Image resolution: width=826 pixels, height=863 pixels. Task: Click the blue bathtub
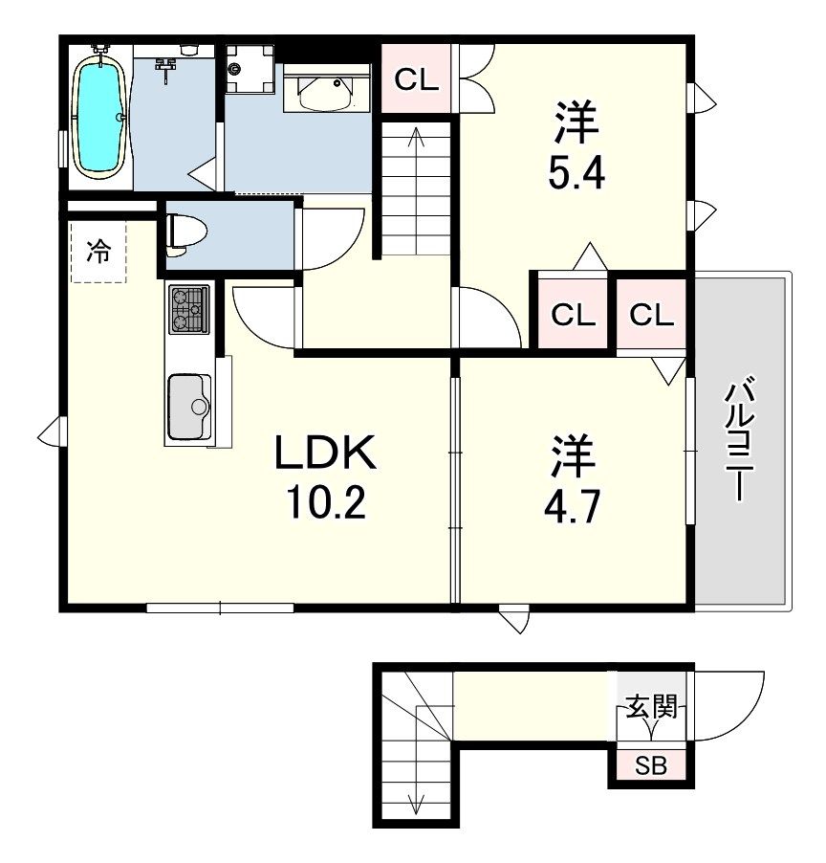[99, 118]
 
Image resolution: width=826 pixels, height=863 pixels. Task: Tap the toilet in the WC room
[185, 236]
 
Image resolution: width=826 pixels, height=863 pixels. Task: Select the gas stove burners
[189, 309]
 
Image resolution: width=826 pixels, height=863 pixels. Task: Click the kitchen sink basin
[189, 407]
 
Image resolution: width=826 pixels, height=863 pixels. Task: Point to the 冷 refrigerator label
[98, 252]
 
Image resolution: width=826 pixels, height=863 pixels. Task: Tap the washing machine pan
[250, 69]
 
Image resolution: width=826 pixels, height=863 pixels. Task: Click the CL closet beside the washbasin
[417, 79]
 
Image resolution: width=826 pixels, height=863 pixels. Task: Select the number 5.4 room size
[576, 173]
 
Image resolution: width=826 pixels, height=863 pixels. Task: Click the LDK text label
[326, 452]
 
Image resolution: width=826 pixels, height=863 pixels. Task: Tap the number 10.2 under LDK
[326, 502]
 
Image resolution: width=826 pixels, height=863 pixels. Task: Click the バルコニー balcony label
[740, 438]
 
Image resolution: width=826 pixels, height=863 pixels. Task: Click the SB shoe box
[651, 765]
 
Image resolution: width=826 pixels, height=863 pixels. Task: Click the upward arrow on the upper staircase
[416, 189]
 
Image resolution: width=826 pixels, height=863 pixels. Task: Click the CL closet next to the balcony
[652, 315]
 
